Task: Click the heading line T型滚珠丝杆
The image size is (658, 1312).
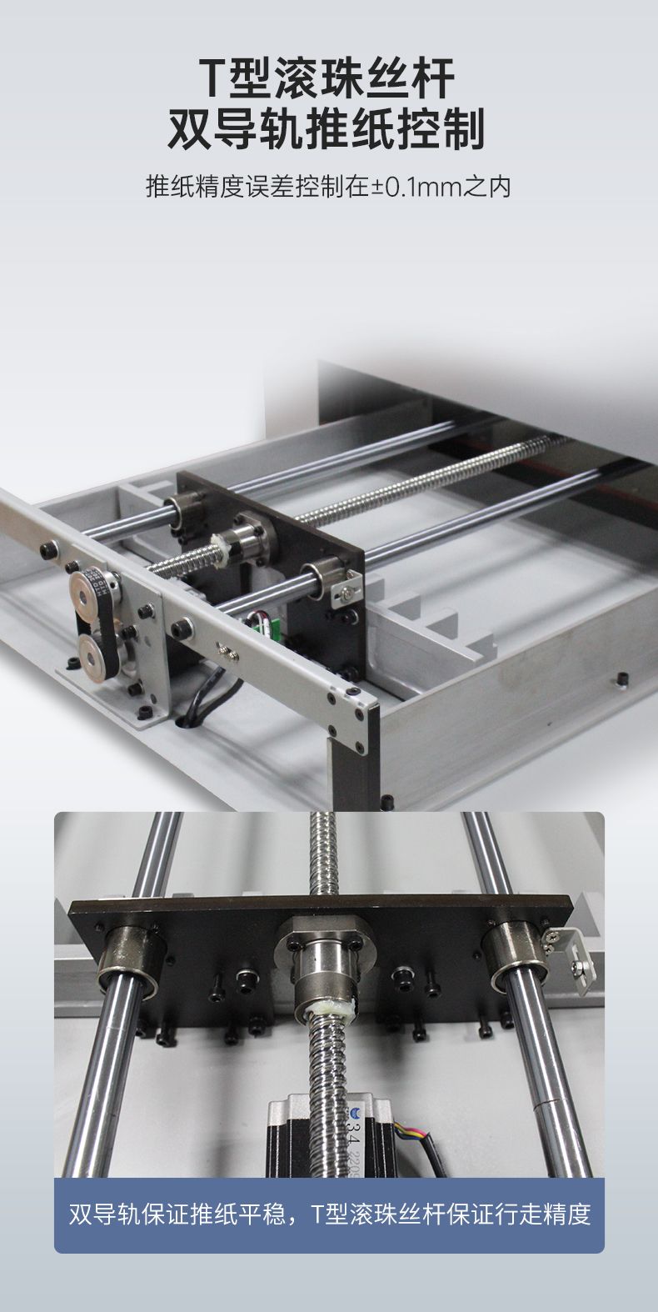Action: click(327, 78)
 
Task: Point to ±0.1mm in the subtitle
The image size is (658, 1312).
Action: click(416, 187)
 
